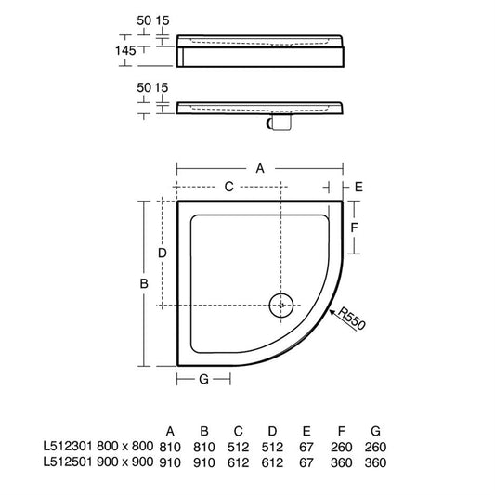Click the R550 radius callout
pos(351,319)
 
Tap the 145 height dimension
pos(125,50)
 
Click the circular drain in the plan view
pos(281,306)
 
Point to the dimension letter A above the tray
pos(260,169)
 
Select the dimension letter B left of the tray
pos(144,283)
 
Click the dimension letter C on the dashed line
pos(228,187)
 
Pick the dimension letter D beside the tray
pos(162,253)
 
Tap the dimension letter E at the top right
pos(358,188)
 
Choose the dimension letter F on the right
pos(354,228)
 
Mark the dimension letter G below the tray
pos(204,379)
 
